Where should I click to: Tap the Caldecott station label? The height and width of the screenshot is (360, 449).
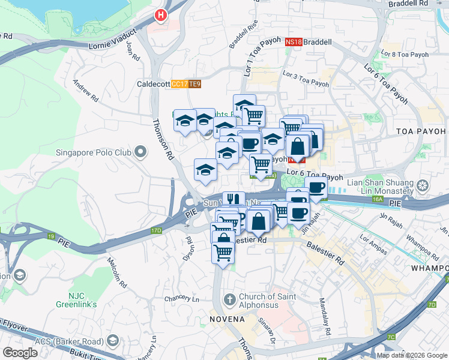pyautogui.click(x=153, y=85)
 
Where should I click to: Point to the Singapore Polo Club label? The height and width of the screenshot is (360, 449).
pyautogui.click(x=93, y=152)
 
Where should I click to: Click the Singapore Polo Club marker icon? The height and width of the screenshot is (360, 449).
pyautogui.click(x=140, y=152)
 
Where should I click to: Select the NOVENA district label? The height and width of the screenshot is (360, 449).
pyautogui.click(x=227, y=319)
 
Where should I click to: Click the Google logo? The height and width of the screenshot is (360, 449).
pyautogui.click(x=20, y=353)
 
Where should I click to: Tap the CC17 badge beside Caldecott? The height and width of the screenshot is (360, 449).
pyautogui.click(x=179, y=85)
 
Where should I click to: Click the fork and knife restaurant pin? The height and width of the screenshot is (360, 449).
pyautogui.click(x=233, y=200)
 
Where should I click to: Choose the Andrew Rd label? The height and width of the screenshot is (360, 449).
pyautogui.click(x=86, y=89)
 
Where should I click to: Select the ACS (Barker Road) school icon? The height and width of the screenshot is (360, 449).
pyautogui.click(x=112, y=341)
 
